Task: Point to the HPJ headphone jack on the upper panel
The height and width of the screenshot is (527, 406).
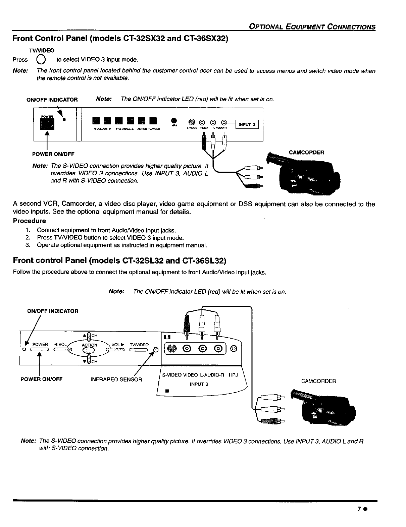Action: [x=173, y=121]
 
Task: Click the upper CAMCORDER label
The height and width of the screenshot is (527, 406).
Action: [x=306, y=153]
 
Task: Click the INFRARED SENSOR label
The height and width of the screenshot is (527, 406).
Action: [x=116, y=379]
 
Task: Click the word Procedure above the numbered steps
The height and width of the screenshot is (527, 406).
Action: [x=29, y=221]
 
